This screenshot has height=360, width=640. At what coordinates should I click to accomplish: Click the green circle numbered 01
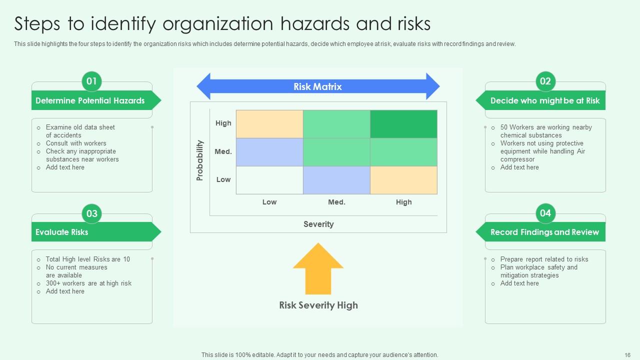91,81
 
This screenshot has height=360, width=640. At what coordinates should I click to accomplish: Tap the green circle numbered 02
545,81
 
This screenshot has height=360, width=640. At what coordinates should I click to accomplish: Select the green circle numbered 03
91,214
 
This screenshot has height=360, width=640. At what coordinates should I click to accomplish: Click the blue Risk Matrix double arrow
318,86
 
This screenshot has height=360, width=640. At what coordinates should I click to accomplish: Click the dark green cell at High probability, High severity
403,124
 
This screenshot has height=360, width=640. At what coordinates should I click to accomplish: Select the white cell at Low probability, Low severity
269,180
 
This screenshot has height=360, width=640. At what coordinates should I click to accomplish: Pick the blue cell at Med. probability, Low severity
269,152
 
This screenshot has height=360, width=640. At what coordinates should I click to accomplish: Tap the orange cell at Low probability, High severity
403,180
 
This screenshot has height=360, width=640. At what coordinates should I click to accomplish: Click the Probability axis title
200,160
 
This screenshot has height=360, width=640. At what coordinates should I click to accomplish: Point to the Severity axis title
318,224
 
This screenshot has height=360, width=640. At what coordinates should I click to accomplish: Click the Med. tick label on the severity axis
336,202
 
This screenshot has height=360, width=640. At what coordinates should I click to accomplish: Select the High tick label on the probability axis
223,123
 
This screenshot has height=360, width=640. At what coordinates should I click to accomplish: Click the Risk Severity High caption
318,305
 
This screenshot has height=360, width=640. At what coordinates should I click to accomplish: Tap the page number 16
627,354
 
